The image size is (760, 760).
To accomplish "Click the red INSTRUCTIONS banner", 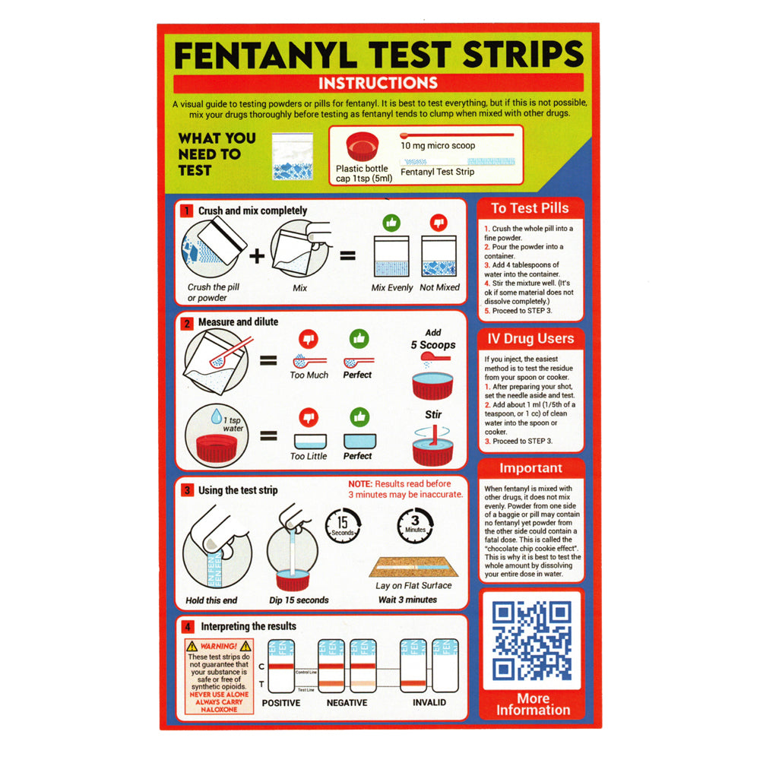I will point(378,83).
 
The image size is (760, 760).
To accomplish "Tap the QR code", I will point(531,640).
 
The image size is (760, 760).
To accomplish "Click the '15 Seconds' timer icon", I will point(343,525).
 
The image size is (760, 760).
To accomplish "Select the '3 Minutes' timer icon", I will point(415,524).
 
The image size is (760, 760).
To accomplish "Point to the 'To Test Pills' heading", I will point(530,208).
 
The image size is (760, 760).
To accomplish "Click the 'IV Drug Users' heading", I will point(530,338).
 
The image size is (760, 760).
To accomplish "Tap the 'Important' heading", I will point(530,468).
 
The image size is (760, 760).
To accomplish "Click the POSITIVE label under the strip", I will point(281,703).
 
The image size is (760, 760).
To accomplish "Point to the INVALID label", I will point(429,703).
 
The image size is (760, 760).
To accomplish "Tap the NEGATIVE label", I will point(347,703).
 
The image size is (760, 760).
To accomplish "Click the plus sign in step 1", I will point(258,255).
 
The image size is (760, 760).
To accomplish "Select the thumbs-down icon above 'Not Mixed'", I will point(438,223).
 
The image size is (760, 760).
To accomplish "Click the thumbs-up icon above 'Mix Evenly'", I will point(391,223).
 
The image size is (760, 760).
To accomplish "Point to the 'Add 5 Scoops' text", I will point(433,339).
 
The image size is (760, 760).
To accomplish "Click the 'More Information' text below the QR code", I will point(533,704).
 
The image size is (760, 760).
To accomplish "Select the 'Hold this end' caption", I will point(211,600).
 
